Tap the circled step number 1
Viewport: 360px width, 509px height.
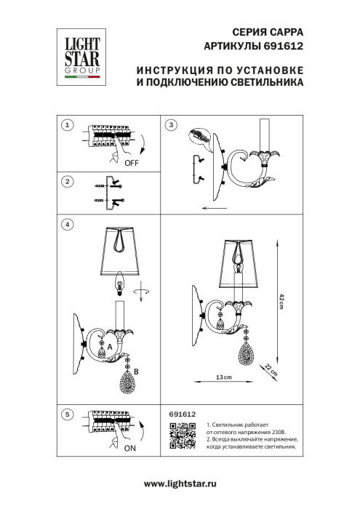coord(67,125)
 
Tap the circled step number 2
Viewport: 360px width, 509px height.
coord(67,181)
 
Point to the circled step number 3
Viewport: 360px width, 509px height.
coord(171,125)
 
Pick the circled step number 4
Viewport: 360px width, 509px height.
coord(67,225)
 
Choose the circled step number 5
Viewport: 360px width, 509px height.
coord(67,414)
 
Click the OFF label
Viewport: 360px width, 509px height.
coord(132,164)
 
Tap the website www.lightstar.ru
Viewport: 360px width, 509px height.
coord(180,484)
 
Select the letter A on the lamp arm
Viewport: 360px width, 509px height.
coord(109,348)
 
